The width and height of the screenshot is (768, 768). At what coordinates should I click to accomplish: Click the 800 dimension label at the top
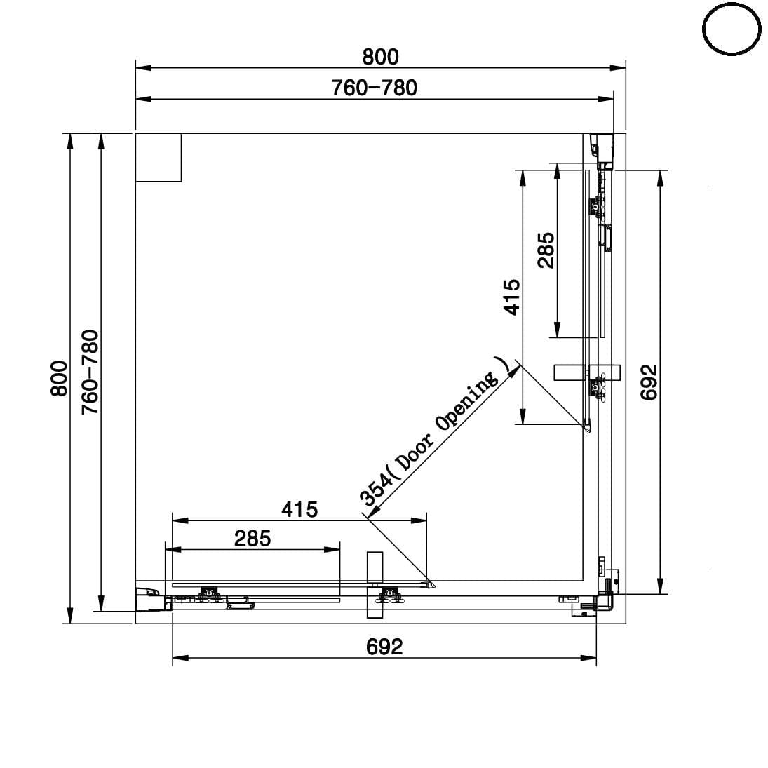(381, 57)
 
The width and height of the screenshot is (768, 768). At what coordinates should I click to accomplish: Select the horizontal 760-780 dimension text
(375, 88)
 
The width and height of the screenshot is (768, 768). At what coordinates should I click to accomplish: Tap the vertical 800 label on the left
(59, 378)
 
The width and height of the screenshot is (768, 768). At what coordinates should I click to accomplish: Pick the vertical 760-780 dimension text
(90, 372)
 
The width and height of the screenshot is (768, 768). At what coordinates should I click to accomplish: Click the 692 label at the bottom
(384, 647)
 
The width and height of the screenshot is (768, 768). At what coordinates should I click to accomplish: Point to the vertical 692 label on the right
(649, 382)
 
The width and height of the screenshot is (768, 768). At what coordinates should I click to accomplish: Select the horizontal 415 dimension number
(299, 510)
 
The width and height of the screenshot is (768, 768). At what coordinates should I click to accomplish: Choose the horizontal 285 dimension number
(252, 539)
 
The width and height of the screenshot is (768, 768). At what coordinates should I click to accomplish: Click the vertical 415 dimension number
(512, 297)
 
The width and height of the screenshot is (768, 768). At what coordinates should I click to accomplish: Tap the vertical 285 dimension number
(546, 250)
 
